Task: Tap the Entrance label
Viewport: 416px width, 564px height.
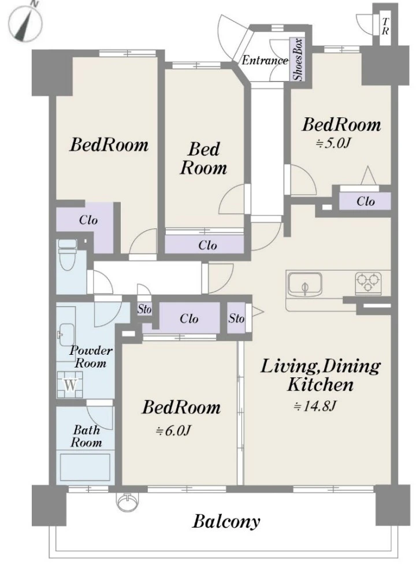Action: click(265, 60)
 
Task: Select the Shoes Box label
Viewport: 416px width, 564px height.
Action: click(298, 60)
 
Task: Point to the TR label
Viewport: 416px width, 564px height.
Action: click(385, 27)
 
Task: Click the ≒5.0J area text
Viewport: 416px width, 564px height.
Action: click(333, 143)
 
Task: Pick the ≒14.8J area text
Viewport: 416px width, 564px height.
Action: click(315, 406)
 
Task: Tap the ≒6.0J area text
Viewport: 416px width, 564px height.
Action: click(173, 430)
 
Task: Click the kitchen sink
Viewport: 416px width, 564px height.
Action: click(305, 284)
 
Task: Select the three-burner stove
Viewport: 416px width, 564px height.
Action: click(368, 283)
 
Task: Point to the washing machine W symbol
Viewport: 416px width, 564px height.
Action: click(70, 384)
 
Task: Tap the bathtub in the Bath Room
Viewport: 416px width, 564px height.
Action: click(85, 466)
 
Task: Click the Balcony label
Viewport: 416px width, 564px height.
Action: click(226, 521)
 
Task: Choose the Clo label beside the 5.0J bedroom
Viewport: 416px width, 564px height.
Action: click(366, 201)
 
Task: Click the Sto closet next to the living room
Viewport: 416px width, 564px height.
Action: click(236, 318)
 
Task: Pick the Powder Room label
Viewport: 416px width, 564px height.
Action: click(91, 357)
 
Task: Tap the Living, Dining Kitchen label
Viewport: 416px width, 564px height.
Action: click(320, 375)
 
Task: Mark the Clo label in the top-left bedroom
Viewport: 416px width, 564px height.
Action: click(88, 220)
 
